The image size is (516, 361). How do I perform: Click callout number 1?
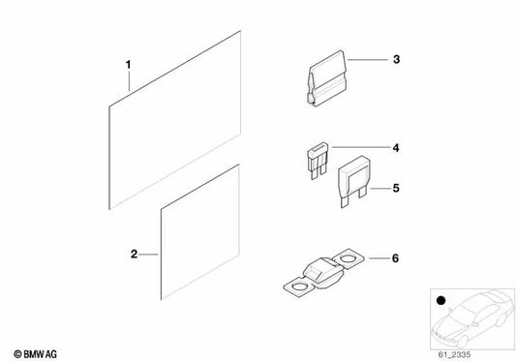coord(129,65)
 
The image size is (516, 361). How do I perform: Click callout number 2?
coord(134,254)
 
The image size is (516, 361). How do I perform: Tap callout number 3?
coord(396,59)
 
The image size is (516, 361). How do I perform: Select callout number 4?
coord(396,148)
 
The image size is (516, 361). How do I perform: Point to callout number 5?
coord(396,188)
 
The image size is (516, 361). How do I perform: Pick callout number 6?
coord(395,258)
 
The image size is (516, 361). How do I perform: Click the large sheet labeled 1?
coord(174,120)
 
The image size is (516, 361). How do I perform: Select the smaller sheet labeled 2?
coord(199,232)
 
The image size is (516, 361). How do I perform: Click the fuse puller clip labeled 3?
coord(327,78)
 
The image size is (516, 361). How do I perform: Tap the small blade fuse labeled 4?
coord(318,160)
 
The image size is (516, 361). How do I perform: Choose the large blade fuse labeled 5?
coord(354,179)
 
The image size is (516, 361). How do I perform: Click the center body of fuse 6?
coord(323,272)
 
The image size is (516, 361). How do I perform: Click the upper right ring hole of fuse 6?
coord(349,257)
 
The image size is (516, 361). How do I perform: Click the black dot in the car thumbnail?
coord(440,300)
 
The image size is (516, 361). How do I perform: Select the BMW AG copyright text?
coord(35,354)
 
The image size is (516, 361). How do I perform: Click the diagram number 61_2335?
coord(454,355)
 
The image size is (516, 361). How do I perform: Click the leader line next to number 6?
coord(379,258)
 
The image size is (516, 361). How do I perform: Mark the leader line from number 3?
coord(367,60)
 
